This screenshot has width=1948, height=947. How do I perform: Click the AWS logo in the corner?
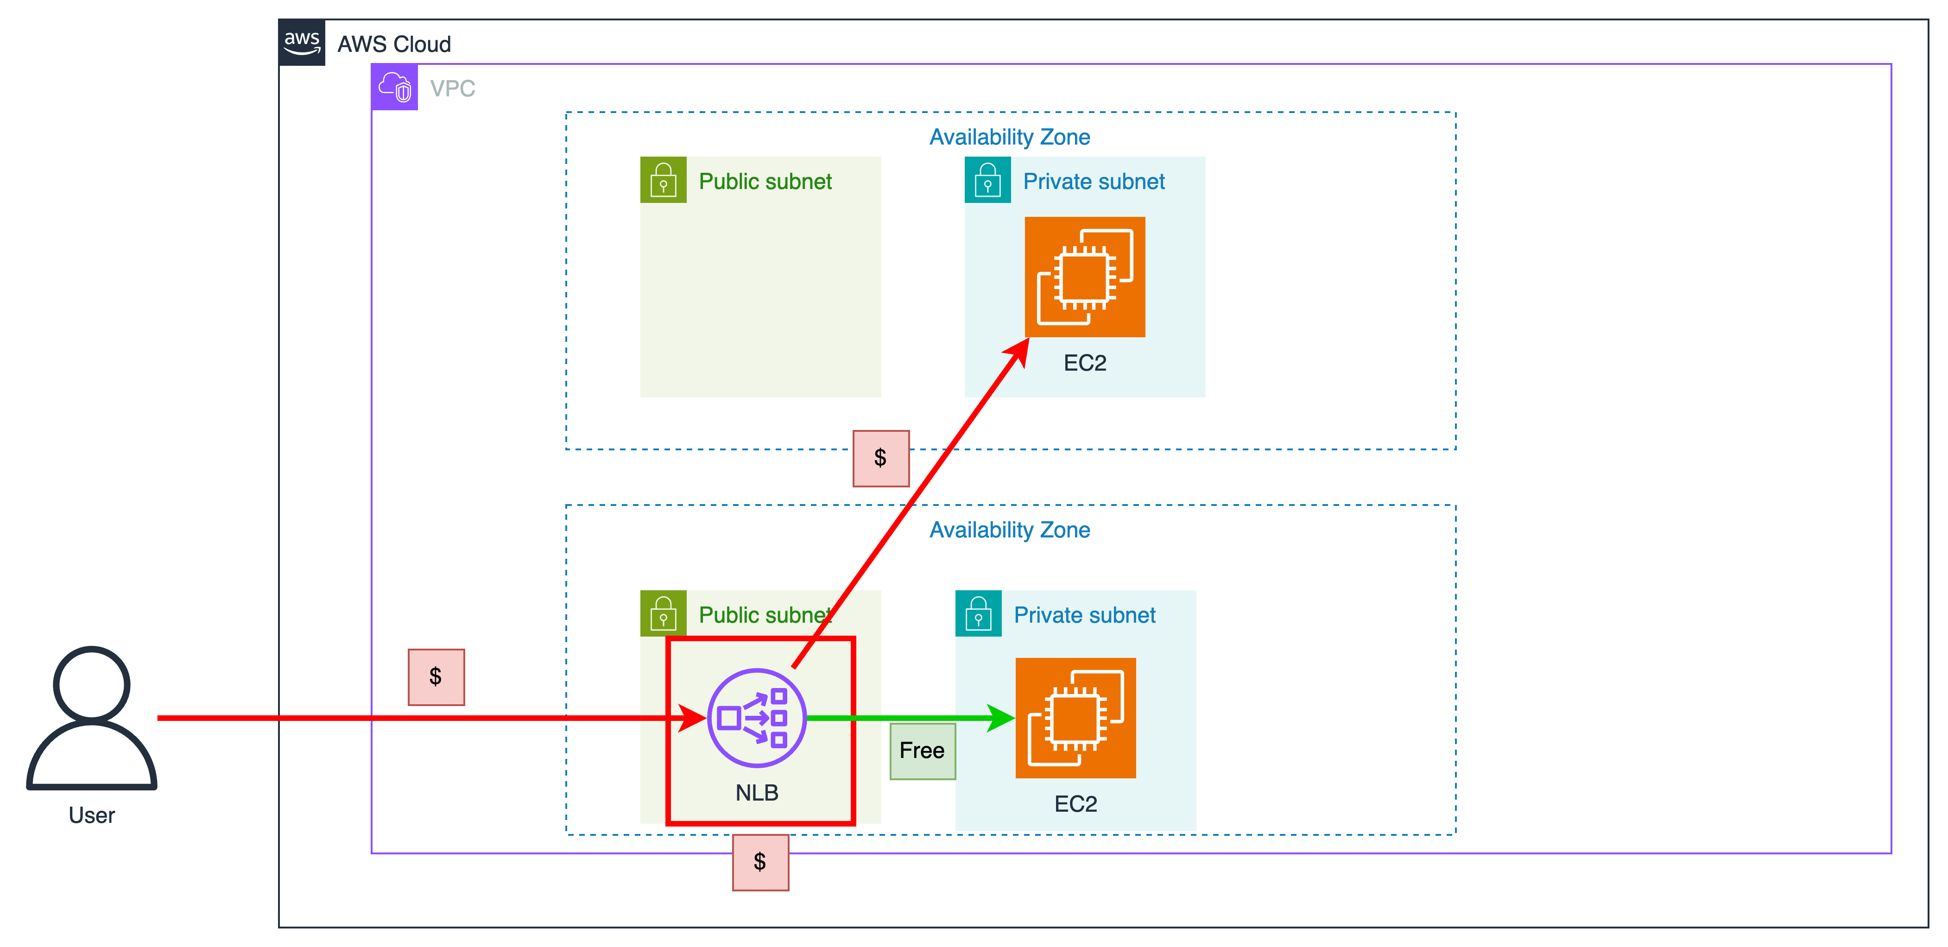302,42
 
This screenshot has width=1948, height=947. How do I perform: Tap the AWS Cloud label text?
394,44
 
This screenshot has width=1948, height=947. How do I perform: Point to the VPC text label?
452,88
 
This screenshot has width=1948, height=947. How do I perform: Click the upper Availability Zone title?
1010,137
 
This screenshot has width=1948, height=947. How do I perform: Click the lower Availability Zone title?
1010,530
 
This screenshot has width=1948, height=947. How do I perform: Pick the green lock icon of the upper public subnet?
663,180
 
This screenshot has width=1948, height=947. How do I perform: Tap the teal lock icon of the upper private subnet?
987,180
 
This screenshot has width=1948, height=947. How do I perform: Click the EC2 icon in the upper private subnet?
1084,277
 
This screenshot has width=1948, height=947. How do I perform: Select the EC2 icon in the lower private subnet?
1075,718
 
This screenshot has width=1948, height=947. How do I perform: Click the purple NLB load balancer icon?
756,718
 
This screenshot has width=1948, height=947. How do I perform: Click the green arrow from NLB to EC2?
907,718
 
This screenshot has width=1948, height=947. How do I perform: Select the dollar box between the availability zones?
881,458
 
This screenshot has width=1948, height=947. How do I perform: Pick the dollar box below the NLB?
760,862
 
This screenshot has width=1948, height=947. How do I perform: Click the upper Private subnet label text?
1094,182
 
